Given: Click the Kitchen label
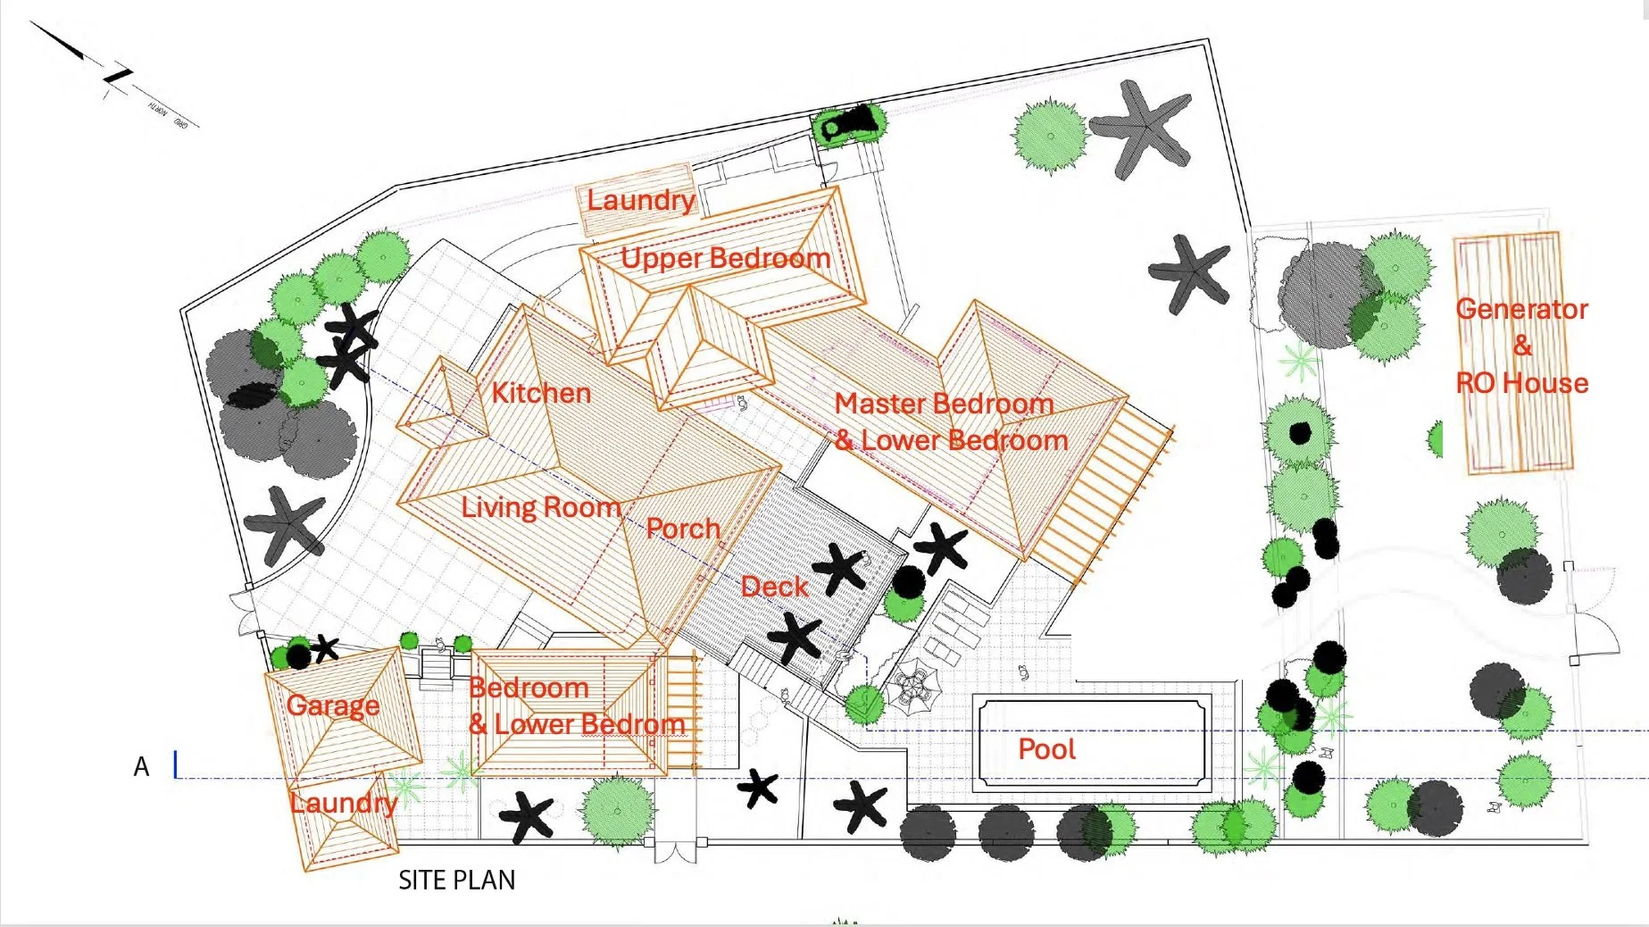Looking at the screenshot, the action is pos(541,393).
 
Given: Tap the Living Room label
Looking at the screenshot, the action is pos(540,507).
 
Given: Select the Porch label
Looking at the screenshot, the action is pos(683,529).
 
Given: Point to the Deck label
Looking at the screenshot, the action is pos(774,587).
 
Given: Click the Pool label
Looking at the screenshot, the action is pos(1046,748).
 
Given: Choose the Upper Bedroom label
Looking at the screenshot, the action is pos(725,258).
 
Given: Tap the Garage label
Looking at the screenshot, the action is pos(333,706).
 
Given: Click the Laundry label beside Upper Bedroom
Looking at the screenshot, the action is pos(640,200).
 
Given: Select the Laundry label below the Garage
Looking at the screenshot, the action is pos(344,803).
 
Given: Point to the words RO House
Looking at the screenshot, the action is pos(1521,383).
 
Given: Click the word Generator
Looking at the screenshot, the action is pos(1521,309).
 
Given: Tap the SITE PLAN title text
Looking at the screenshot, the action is pos(456,881).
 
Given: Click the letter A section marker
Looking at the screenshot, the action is pos(141,767).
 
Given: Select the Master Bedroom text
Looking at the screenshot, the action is pos(944,404).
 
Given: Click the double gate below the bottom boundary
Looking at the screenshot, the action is pos(675,849).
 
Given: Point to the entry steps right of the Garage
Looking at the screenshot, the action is pos(437,666).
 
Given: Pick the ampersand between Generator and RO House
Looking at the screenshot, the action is pos(1521,346).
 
